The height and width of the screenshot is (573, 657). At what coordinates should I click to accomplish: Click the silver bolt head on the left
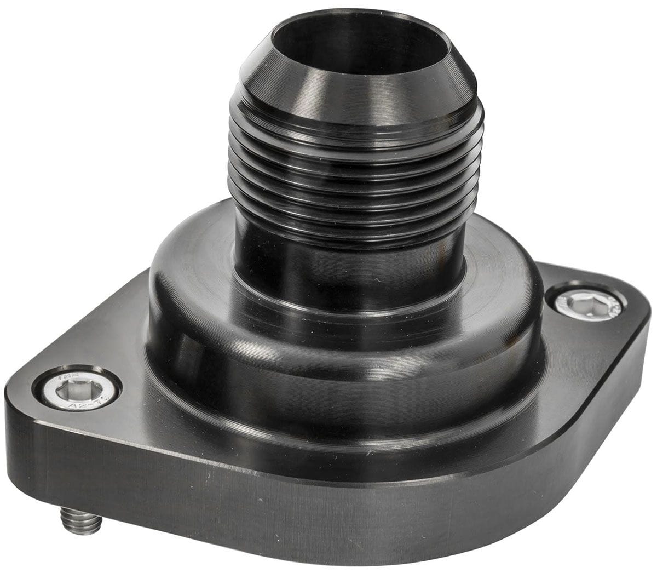(x=77, y=391)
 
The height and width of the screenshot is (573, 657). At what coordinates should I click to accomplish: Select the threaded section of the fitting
(x=356, y=175)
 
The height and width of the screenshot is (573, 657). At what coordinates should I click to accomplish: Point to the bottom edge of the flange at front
(x=328, y=553)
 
